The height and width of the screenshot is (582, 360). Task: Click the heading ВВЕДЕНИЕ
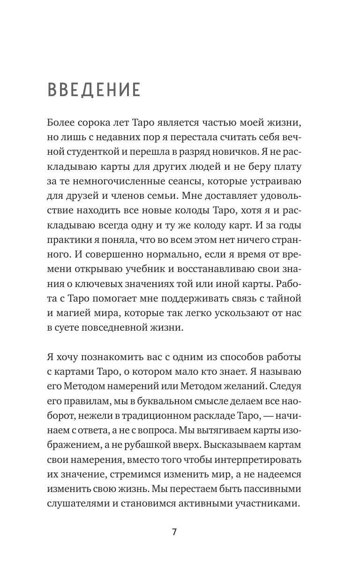[94, 91]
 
